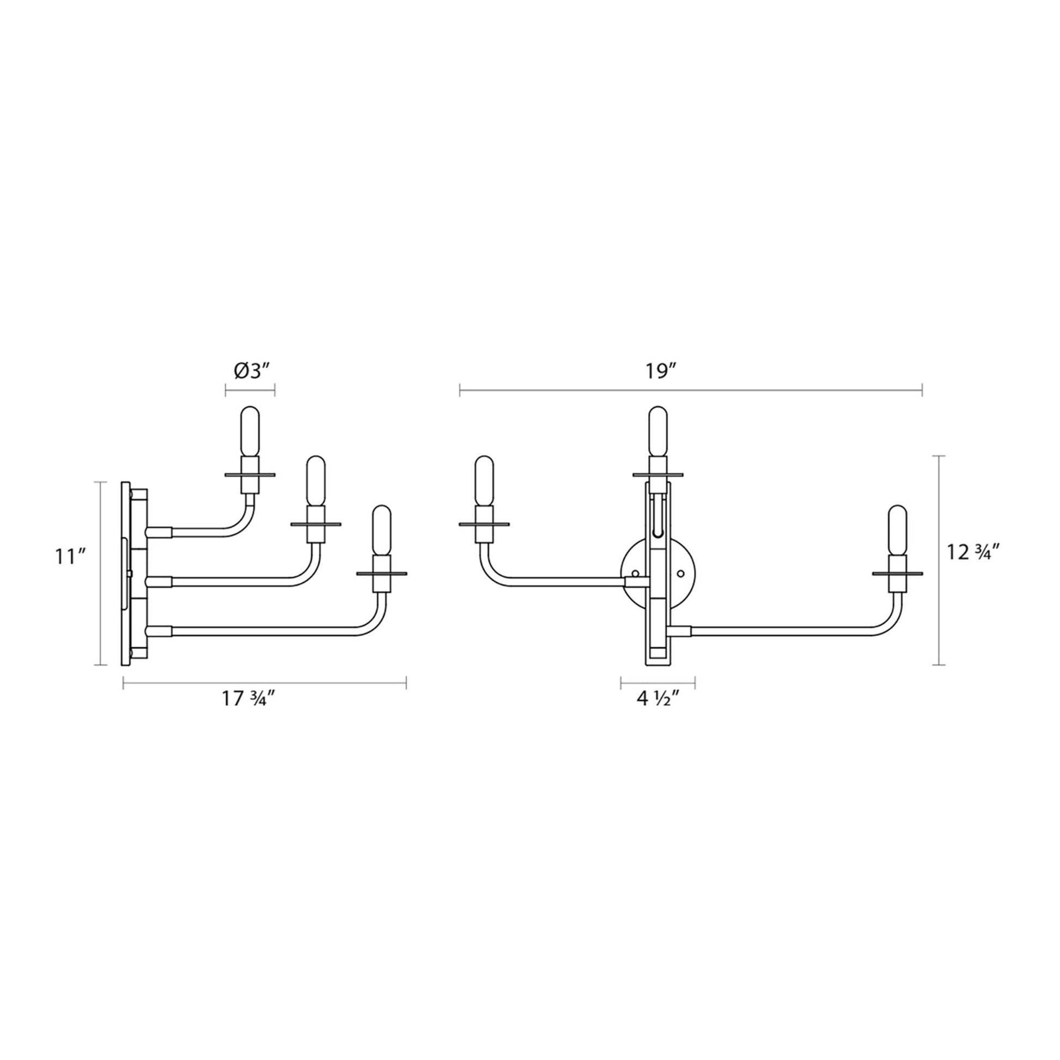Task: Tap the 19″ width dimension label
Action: pyautogui.click(x=659, y=371)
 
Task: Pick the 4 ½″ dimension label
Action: pyautogui.click(x=659, y=699)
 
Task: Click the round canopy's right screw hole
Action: pyautogui.click(x=681, y=574)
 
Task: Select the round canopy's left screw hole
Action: pyautogui.click(x=635, y=574)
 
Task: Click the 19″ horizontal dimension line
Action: pyautogui.click(x=691, y=391)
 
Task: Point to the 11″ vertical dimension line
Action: pyautogui.click(x=99, y=574)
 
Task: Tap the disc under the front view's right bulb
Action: pyautogui.click(x=898, y=574)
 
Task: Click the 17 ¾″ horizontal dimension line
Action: pyautogui.click(x=264, y=683)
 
